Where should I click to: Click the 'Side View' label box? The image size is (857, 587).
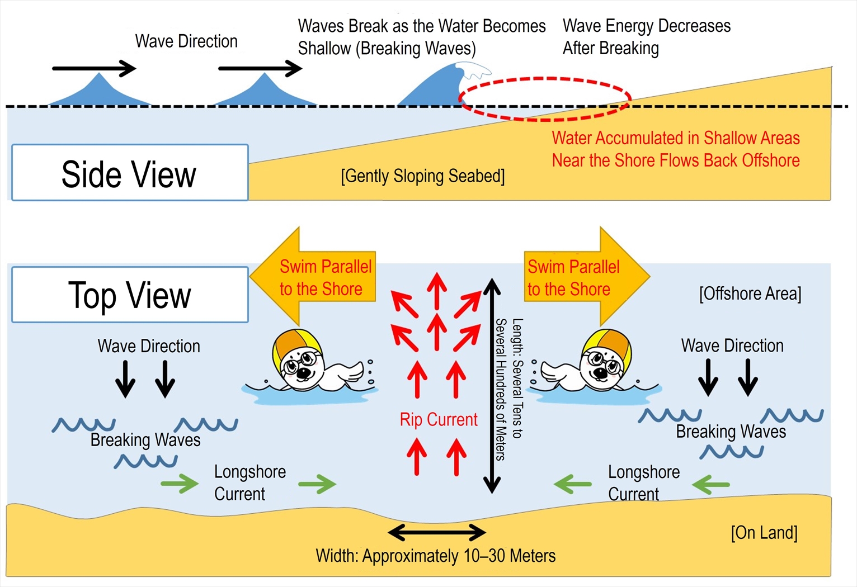click(129, 173)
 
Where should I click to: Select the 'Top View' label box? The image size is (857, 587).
click(129, 295)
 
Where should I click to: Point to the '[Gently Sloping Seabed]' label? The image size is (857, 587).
click(422, 176)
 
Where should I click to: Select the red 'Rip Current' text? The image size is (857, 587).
click(439, 419)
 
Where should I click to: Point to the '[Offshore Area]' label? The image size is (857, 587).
click(750, 293)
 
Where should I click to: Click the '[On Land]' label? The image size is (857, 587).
click(764, 533)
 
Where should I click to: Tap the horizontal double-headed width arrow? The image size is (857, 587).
click(436, 532)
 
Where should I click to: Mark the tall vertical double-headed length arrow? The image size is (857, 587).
click(492, 386)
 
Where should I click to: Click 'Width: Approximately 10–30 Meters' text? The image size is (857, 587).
click(435, 556)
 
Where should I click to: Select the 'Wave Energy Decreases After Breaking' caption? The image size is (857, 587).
click(646, 37)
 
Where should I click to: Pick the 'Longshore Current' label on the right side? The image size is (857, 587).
click(643, 482)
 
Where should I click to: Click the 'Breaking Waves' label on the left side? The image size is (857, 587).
click(145, 440)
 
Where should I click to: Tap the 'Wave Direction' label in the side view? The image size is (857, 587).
click(186, 41)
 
